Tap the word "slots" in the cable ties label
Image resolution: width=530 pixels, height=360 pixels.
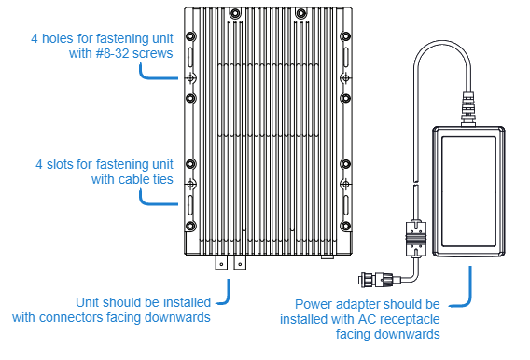tap(60, 164)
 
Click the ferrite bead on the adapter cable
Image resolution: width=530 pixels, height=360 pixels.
tap(416, 239)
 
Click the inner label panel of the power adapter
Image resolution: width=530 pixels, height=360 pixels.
tap(468, 191)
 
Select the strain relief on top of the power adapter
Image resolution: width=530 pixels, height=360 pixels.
tap(468, 109)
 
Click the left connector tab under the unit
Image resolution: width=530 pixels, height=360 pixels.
tap(221, 262)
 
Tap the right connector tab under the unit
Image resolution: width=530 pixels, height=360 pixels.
tap(240, 262)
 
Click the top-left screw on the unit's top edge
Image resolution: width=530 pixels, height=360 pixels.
tap(235, 14)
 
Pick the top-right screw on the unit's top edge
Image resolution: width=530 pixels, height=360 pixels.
tap(300, 14)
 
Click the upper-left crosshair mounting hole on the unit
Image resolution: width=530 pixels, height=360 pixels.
tap(190, 78)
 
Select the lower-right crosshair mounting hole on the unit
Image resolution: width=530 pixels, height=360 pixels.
tap(345, 185)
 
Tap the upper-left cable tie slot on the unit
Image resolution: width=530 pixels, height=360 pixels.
tap(190, 57)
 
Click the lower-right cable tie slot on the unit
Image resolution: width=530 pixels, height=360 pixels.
tap(345, 205)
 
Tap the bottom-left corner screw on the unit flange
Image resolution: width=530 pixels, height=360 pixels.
tap(190, 226)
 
